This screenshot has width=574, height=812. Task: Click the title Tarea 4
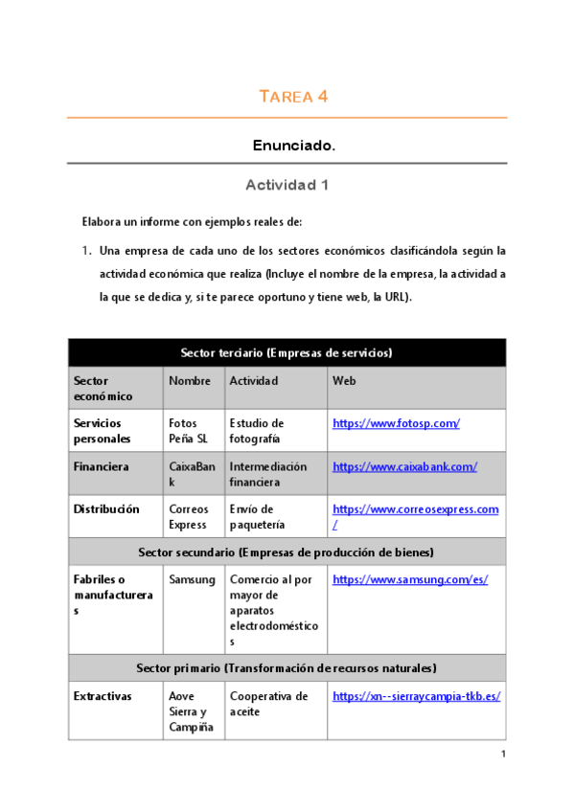(x=294, y=96)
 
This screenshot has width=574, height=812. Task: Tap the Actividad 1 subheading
(x=287, y=185)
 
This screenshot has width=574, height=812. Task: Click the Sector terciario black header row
(x=287, y=352)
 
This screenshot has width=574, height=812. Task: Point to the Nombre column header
(x=189, y=380)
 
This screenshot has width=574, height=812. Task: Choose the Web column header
(x=343, y=380)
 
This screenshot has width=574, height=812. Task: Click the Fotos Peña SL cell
(x=188, y=431)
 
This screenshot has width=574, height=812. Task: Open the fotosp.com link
(x=396, y=423)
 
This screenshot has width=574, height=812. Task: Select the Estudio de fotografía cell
(x=256, y=431)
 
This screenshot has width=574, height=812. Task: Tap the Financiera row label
(x=101, y=466)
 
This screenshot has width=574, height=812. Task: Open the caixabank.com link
(x=404, y=466)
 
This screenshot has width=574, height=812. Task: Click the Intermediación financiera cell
(x=268, y=474)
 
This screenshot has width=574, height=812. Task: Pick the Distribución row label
(x=105, y=509)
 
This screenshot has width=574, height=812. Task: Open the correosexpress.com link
(x=415, y=509)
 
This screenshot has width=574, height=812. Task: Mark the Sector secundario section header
(x=287, y=553)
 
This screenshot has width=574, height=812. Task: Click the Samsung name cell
(x=192, y=579)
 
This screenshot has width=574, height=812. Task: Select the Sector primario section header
(x=287, y=667)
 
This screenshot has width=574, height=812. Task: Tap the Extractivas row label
(x=103, y=696)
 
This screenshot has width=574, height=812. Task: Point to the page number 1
(x=502, y=755)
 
